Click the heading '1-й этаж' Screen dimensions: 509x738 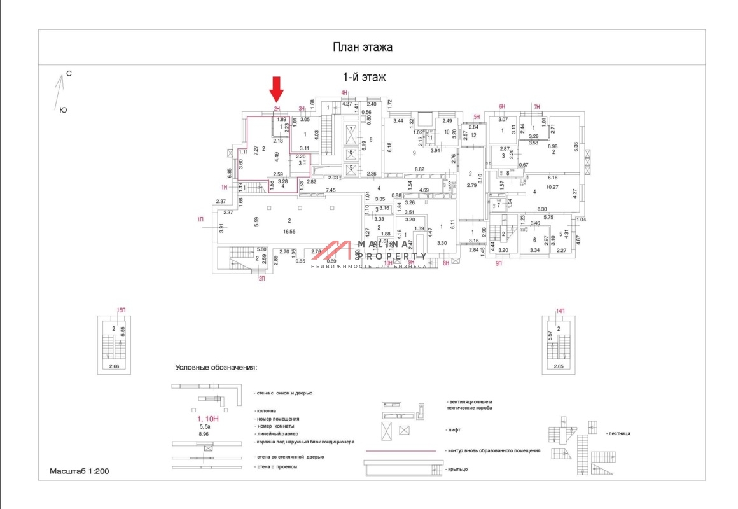[x=365, y=77]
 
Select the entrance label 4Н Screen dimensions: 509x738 [x=344, y=94]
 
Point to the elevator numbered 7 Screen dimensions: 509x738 [x=351, y=129]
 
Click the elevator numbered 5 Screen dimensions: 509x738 [x=351, y=168]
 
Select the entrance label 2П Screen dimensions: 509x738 [x=261, y=278]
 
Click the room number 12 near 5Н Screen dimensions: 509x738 [x=473, y=135]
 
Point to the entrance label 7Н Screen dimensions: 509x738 [x=536, y=106]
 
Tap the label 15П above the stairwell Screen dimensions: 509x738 [x=121, y=310]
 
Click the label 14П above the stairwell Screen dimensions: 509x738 [x=560, y=310]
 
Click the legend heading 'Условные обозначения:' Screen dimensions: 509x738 [x=216, y=368]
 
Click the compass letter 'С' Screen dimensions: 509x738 [x=69, y=74]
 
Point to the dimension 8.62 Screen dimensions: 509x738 [x=420, y=169]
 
